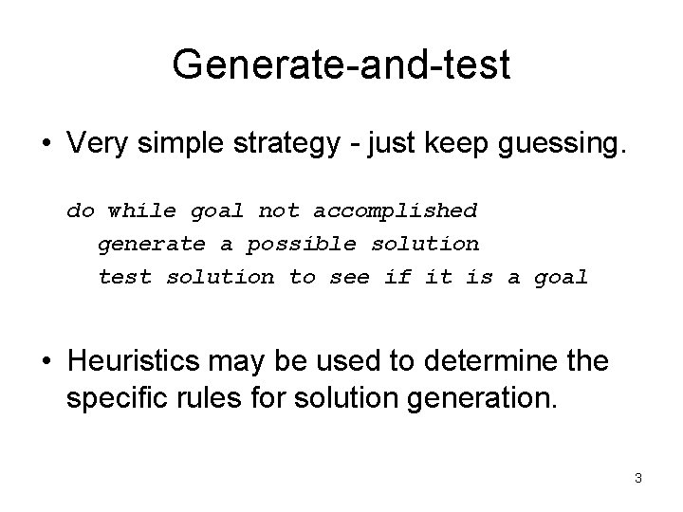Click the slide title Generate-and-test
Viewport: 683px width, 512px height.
[x=341, y=64]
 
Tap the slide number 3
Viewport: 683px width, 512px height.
[x=638, y=479]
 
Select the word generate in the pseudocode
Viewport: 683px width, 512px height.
[x=152, y=244]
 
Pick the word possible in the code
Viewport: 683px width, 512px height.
[x=302, y=244]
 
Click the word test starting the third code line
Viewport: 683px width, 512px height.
[x=125, y=278]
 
